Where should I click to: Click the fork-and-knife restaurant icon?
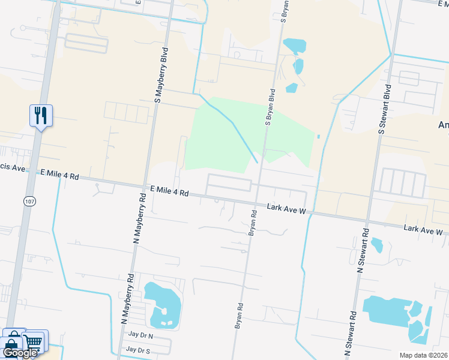(41, 115)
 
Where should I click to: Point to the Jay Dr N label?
(139, 337)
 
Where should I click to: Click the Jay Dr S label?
(138, 349)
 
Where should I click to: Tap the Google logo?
(20, 353)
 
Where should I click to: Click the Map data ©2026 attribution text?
(423, 355)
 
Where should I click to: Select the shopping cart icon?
(35, 342)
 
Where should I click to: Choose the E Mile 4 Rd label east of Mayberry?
(170, 192)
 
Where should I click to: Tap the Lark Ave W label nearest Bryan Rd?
(287, 210)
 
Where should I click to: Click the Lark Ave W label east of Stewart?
(423, 230)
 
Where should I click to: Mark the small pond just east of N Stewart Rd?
(377, 245)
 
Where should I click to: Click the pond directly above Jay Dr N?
(162, 304)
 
